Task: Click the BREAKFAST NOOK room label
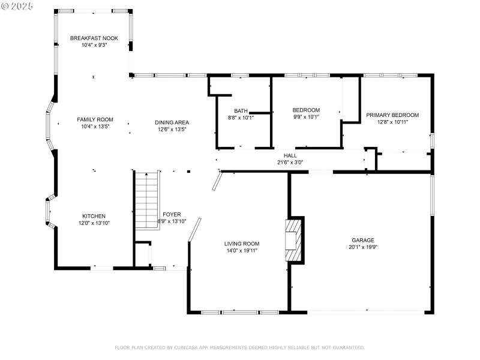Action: coord(94,38)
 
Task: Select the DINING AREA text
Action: coord(173,122)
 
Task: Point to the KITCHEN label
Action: coord(94,216)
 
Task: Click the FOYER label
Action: coord(172,214)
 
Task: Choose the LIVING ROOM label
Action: coord(242,244)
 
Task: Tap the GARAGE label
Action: coord(363,239)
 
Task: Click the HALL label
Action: coord(290,155)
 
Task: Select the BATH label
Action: coord(241,110)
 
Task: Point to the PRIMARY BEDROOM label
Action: coord(392,115)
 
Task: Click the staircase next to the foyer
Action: coord(147,199)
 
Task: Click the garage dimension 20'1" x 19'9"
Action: coord(364,247)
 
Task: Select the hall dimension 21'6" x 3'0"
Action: coord(290,163)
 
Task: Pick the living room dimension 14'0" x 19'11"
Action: coord(242,251)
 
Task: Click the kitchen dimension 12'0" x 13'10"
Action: coord(94,223)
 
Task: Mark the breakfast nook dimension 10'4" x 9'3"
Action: coord(94,45)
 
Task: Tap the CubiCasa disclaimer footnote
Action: coord(239,347)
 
